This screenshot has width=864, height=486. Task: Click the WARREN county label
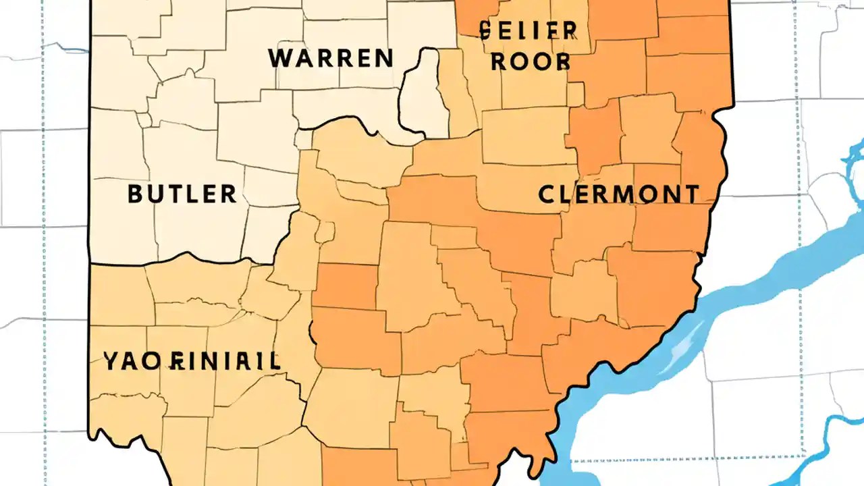(331, 58)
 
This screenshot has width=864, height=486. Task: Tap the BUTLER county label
(182, 194)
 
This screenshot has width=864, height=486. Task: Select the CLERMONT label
(618, 194)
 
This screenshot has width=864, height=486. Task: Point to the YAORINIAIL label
(192, 361)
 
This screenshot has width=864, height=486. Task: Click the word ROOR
(530, 62)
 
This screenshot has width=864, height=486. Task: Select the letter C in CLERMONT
(547, 194)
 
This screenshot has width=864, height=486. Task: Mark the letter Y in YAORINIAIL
(112, 361)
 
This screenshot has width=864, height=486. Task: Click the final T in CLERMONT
(691, 194)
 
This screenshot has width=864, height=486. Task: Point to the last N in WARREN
(383, 58)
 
